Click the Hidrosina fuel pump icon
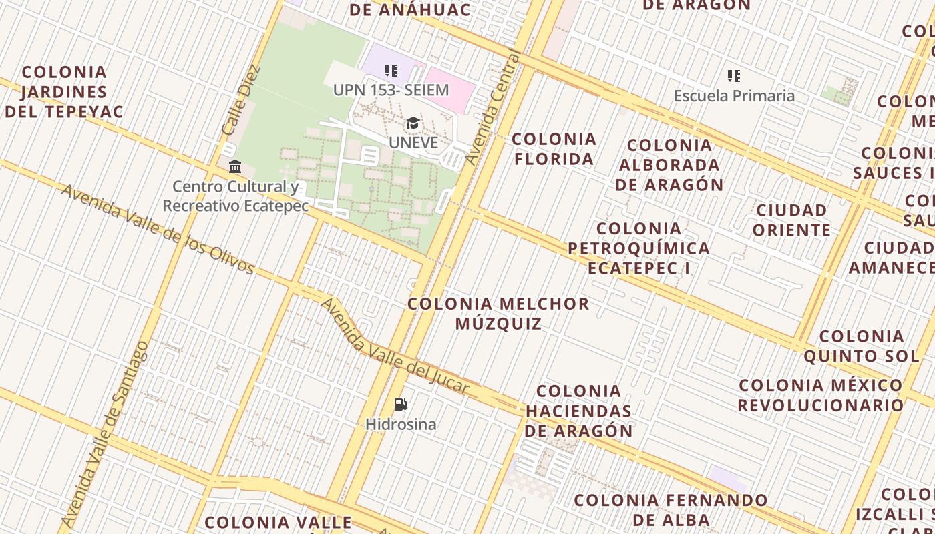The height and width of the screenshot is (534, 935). point(401,404)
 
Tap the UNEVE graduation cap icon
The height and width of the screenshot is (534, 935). point(413,123)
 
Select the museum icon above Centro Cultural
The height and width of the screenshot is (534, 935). point(235,166)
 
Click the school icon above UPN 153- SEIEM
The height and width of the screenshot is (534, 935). point(391,70)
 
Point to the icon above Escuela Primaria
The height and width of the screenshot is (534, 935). point(734,76)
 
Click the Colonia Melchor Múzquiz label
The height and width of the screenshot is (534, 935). point(498,314)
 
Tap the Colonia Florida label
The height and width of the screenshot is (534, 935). point(554,149)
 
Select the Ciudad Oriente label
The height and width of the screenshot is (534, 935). point(792,220)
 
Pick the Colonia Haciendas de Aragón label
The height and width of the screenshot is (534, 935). point(578,411)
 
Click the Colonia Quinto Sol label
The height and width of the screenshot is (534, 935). point(862,346)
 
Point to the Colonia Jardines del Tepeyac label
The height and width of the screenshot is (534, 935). point(64,91)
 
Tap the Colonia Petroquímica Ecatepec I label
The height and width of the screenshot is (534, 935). point(638,248)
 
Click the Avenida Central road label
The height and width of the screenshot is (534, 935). point(493,107)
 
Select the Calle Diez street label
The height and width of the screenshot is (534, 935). point(240,99)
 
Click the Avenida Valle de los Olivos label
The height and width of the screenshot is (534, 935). point(158,230)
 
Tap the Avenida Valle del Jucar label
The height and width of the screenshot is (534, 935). point(394,347)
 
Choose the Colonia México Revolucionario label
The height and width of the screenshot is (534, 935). point(821,395)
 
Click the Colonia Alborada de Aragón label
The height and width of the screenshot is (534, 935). point(669,165)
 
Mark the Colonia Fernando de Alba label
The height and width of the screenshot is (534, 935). point(671,510)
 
